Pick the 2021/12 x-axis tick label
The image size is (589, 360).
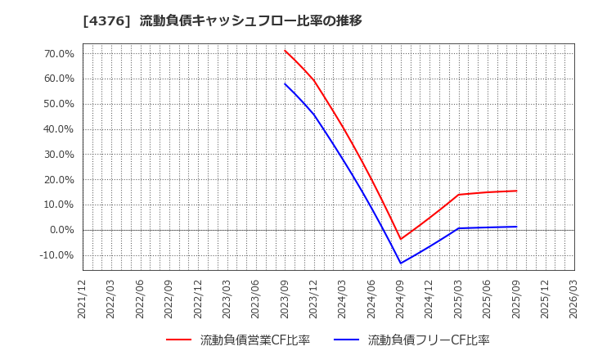coord(83,299)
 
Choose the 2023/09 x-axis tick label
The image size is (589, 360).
coord(285,299)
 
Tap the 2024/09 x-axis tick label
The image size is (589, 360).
coord(401,299)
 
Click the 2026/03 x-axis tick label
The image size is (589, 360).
coord(573,299)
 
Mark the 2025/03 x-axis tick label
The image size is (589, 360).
coord(458,299)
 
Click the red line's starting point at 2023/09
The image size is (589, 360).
coord(285,50)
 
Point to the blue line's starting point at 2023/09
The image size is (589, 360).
coord(285,83)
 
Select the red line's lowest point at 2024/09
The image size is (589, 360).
coord(401,239)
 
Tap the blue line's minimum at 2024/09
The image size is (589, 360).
coord(401,263)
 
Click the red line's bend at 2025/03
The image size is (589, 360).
coord(458,195)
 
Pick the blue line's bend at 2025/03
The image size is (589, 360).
coord(458,228)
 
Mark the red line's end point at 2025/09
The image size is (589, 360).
coord(516,191)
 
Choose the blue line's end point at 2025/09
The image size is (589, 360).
coord(516,227)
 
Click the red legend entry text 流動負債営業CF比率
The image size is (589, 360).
coord(254,340)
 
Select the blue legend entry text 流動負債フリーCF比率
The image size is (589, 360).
coord(428,340)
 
